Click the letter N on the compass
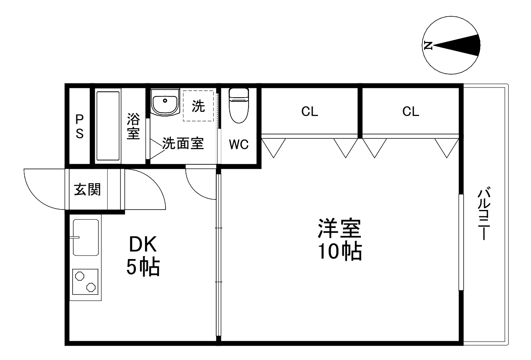click(428, 45)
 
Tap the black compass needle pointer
click(461, 45)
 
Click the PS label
click(79, 127)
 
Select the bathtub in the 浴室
click(108, 126)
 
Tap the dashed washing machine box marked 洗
click(198, 106)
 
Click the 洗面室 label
click(183, 144)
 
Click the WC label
click(238, 145)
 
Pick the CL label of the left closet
click(310, 111)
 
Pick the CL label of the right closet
click(411, 111)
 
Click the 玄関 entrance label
click(88, 190)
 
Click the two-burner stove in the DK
click(85, 281)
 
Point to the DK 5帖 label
click(143, 256)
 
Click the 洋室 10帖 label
click(339, 239)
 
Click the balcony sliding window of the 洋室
click(461, 242)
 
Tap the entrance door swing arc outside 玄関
click(42, 189)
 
